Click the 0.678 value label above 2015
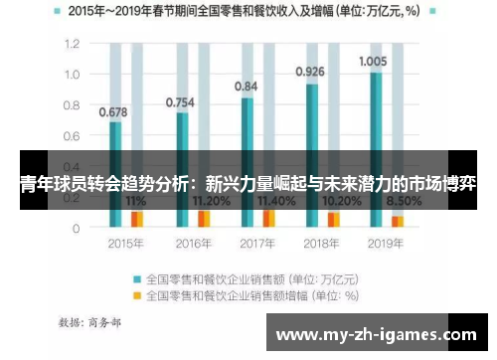[112, 112]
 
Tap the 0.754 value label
[179, 101]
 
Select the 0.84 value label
[245, 87]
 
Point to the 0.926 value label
[310, 72]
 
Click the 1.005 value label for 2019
[374, 61]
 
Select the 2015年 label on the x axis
[125, 243]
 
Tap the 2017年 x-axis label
[256, 243]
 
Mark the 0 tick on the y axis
[76, 228]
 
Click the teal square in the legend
[138, 277]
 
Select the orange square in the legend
[138, 294]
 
